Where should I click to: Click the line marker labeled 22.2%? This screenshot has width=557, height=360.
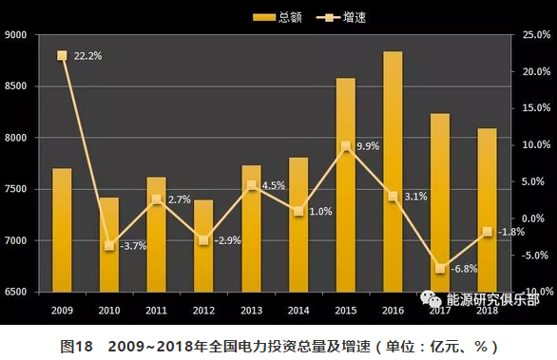click(x=62, y=55)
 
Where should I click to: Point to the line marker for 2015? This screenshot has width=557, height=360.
click(x=345, y=146)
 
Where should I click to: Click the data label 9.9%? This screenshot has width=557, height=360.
click(x=368, y=146)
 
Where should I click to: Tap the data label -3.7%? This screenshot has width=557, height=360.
click(x=133, y=246)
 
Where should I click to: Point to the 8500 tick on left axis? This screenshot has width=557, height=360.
click(x=16, y=86)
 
